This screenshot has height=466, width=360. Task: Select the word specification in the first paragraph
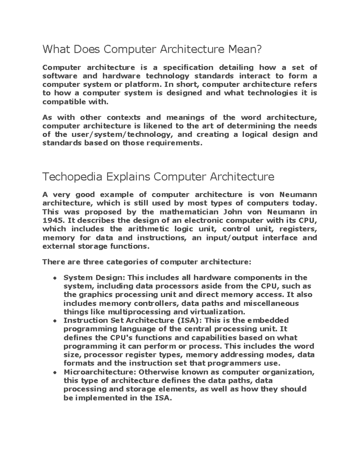click(x=188, y=67)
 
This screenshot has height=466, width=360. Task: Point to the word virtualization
click(x=214, y=312)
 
